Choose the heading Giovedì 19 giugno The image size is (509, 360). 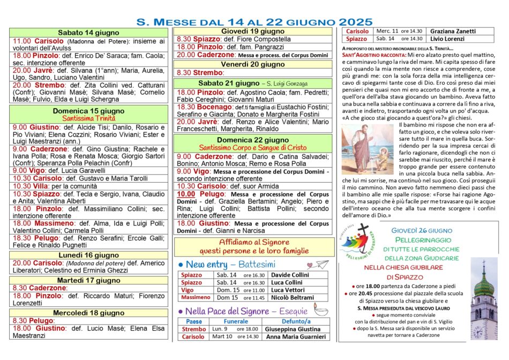click(x=253, y=31)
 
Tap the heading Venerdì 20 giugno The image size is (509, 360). click(x=253, y=64)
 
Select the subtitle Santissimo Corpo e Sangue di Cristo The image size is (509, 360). click(x=253, y=147)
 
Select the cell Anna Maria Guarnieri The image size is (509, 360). click(x=296, y=336)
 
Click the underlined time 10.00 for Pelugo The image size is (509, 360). click(x=186, y=194)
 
